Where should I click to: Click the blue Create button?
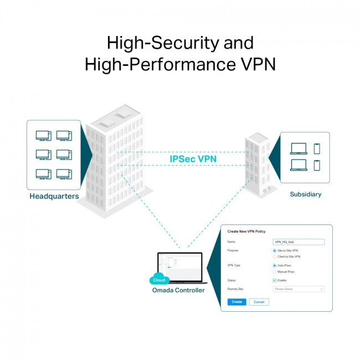click(x=236, y=302)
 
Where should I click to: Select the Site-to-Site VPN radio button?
click(x=275, y=251)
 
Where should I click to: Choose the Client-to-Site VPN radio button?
click(x=275, y=257)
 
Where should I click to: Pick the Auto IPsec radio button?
click(x=275, y=265)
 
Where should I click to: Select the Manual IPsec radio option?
click(x=275, y=272)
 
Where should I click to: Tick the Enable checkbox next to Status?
click(x=275, y=280)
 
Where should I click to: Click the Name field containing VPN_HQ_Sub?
click(x=299, y=242)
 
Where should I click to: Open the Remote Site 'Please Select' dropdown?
click(x=299, y=289)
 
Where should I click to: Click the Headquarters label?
click(x=54, y=197)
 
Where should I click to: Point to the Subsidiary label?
click(x=305, y=194)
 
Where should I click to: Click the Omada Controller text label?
click(x=178, y=290)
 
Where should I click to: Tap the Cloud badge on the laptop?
click(x=159, y=280)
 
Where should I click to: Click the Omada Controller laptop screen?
click(x=180, y=265)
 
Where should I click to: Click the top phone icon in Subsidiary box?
click(x=317, y=148)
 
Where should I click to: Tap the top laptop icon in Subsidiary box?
click(x=299, y=149)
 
